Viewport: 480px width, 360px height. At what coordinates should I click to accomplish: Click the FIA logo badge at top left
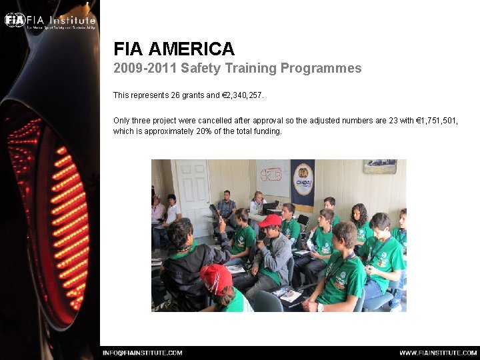click(15, 19)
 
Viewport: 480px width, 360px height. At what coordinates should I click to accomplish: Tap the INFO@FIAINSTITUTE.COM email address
click(142, 353)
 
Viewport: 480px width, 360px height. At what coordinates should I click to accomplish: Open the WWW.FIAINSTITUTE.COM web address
click(438, 353)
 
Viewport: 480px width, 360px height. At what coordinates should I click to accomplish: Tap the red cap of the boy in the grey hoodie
click(270, 221)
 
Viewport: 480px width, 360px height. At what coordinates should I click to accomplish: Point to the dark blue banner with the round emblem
click(302, 182)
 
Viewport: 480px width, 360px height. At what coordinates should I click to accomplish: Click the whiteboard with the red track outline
click(271, 177)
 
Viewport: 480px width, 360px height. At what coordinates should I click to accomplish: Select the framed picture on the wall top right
click(379, 166)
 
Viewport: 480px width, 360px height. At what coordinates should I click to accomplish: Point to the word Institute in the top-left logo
click(70, 19)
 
